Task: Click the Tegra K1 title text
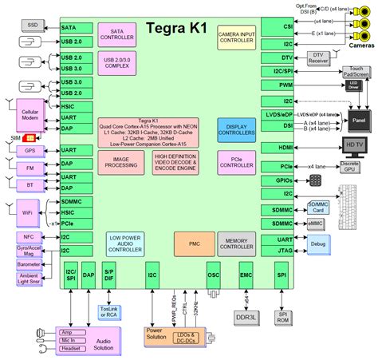click(178, 28)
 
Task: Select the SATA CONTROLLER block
click(117, 33)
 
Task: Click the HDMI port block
click(285, 147)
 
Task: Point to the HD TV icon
click(354, 145)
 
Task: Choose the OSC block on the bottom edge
click(213, 273)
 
